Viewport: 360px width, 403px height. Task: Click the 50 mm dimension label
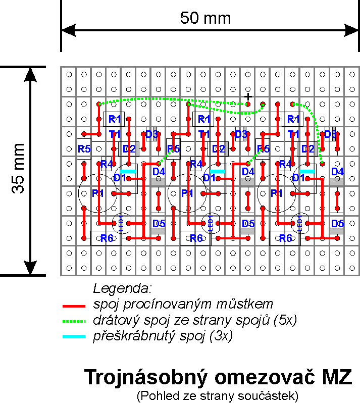[205, 19]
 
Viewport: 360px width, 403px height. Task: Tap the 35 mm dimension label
[18, 169]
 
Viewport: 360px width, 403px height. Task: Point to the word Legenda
[122, 289]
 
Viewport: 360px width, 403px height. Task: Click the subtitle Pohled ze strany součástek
[218, 394]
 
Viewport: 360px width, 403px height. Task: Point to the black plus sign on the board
[248, 96]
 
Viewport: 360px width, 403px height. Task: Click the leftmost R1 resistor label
[115, 120]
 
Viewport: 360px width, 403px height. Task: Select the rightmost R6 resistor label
[285, 238]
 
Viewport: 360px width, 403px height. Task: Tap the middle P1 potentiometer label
[187, 193]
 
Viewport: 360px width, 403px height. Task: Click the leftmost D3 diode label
[152, 134]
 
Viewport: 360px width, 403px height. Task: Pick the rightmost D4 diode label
[337, 172]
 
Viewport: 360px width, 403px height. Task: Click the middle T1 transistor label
[204, 134]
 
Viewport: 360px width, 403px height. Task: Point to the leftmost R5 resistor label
[84, 149]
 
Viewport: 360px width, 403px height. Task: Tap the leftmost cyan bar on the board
[128, 171]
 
